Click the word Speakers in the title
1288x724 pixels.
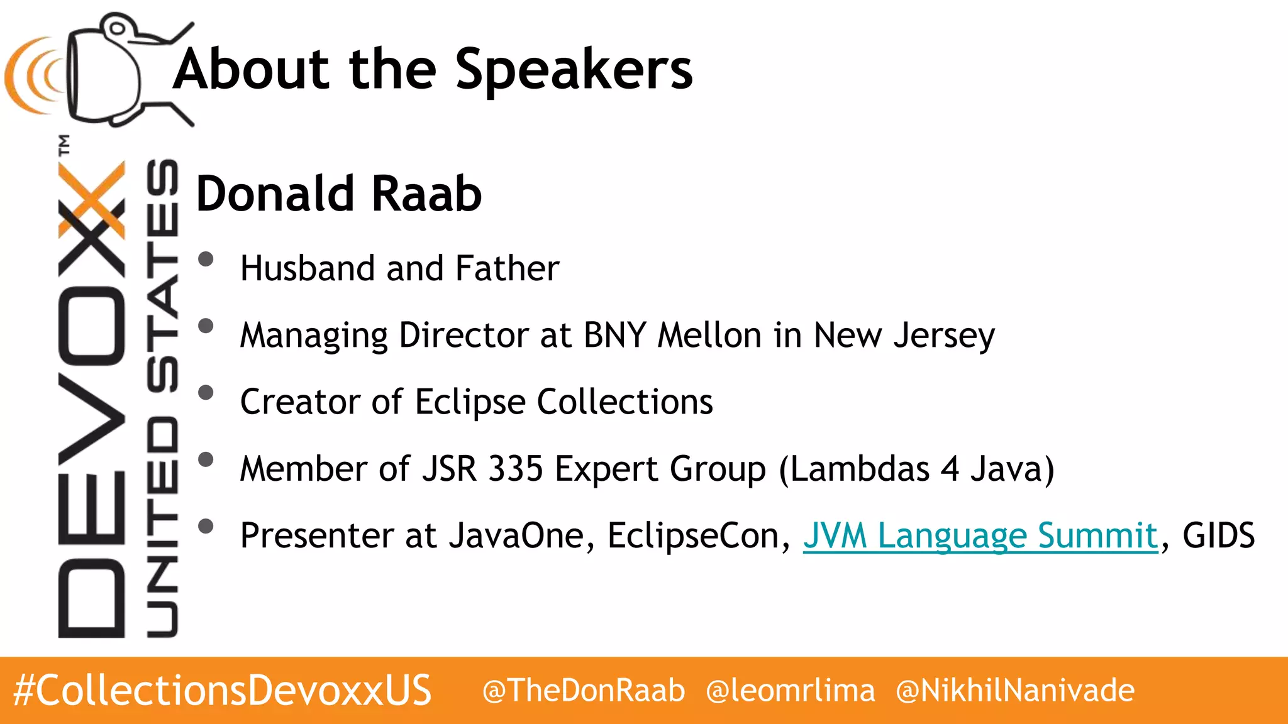coord(573,70)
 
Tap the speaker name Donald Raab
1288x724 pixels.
coord(339,194)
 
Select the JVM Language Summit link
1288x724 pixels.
coord(980,536)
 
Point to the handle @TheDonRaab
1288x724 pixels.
coord(583,691)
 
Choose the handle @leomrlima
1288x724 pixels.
coord(791,691)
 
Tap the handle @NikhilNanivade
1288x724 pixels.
coord(1015,691)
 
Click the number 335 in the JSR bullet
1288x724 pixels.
coord(516,469)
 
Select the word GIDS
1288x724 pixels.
coord(1218,536)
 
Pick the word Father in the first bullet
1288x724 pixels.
coord(507,268)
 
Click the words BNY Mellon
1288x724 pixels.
coord(672,335)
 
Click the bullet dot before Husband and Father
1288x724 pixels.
coord(206,259)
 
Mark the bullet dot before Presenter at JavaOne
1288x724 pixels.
coord(206,526)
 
